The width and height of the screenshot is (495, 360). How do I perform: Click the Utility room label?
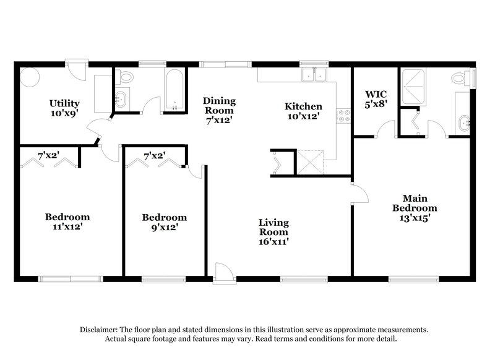[x=64, y=108]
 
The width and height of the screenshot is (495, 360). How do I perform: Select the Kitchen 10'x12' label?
[x=303, y=111]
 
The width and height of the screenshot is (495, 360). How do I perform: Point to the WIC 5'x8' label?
[x=375, y=99]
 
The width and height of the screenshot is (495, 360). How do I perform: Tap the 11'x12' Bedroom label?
[x=67, y=221]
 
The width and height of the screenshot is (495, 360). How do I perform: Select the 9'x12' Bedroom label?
[x=165, y=222]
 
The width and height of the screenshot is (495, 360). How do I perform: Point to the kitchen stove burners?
[x=340, y=114]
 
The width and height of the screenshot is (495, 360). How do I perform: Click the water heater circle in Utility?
[x=30, y=77]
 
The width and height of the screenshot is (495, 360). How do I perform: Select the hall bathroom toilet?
[x=126, y=77]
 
